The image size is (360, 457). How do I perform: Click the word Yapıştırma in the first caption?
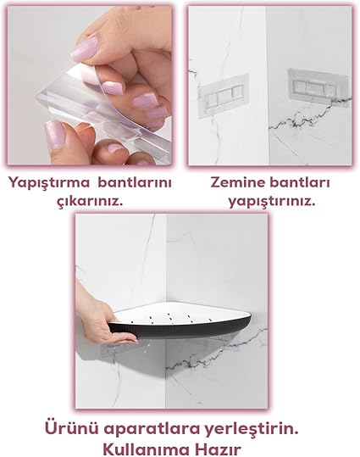(48, 184)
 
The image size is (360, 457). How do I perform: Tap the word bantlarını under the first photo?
(135, 183)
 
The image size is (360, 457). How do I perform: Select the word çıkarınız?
(90, 201)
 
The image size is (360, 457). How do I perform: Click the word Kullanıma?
(148, 449)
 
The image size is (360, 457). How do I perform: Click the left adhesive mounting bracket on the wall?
(224, 96)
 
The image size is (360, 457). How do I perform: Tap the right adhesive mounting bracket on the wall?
(318, 86)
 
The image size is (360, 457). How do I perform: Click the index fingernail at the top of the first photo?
(85, 49)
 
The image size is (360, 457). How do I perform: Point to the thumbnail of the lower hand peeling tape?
(54, 135)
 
